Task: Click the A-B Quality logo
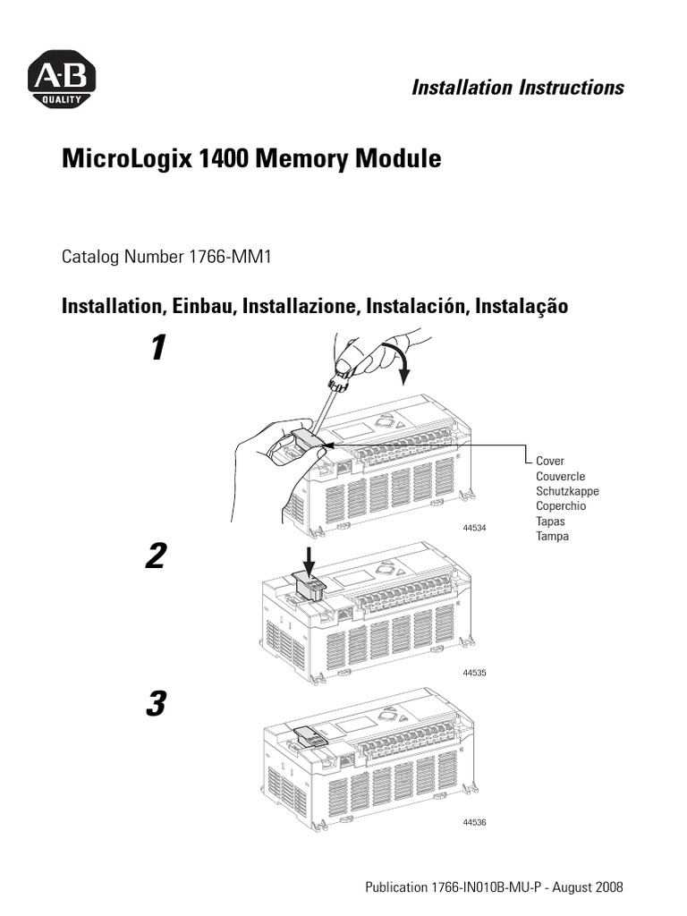click(x=60, y=80)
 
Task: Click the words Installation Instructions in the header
click(x=517, y=88)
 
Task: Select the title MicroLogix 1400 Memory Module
click(x=251, y=159)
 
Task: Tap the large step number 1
click(x=157, y=348)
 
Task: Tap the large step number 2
click(x=157, y=557)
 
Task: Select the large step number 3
click(x=157, y=705)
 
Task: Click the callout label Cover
click(x=550, y=462)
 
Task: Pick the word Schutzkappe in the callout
click(x=567, y=492)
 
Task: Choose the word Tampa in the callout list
click(x=552, y=537)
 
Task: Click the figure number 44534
click(x=474, y=529)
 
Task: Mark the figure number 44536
click(x=474, y=822)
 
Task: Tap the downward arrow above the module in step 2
click(x=310, y=560)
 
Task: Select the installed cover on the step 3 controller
click(x=310, y=734)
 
